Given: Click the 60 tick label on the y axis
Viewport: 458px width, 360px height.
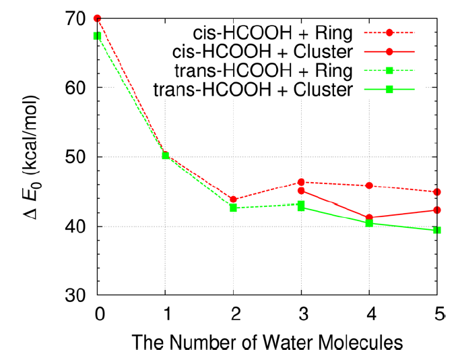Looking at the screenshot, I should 82,88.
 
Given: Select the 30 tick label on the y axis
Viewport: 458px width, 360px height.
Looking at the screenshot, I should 82,295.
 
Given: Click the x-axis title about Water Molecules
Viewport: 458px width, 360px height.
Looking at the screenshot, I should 267,342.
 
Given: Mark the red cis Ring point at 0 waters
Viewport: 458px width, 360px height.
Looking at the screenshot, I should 98,18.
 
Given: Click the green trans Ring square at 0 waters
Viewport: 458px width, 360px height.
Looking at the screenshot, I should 98,36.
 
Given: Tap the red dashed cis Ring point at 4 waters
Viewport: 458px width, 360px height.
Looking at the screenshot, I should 369,185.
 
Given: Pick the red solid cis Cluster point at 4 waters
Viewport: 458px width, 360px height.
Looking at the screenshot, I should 369,218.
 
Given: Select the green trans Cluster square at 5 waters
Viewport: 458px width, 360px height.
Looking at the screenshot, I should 436,230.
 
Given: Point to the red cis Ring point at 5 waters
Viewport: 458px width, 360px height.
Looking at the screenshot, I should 436,192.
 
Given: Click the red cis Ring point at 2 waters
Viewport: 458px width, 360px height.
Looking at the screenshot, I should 234,200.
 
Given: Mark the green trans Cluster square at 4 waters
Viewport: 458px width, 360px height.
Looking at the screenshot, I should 369,223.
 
